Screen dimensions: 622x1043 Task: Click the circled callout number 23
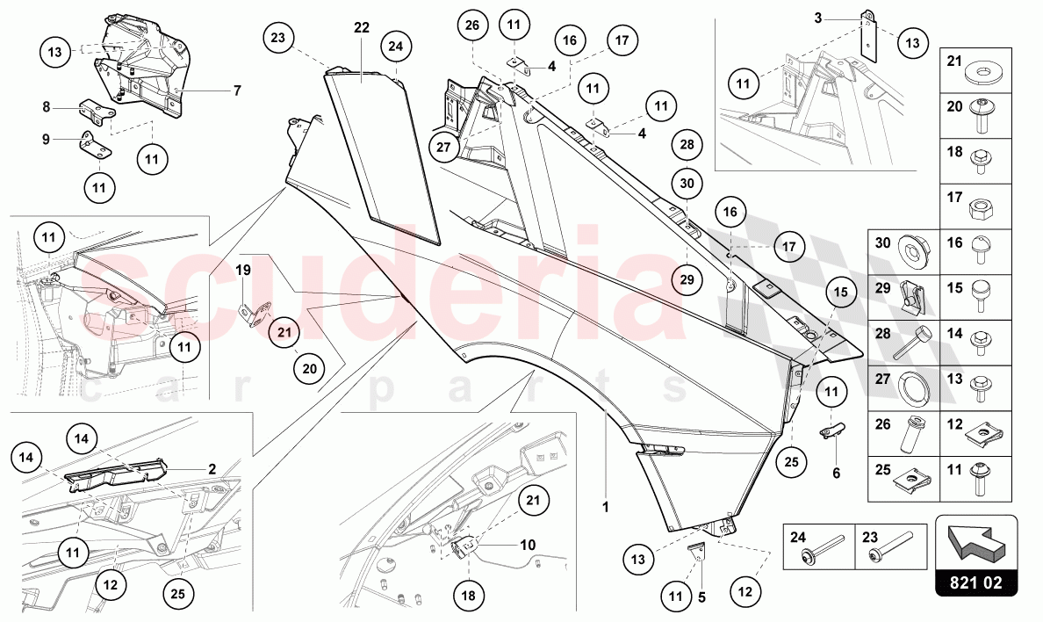[x=278, y=40]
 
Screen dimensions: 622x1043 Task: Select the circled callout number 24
[x=396, y=46]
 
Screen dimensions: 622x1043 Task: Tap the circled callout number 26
[x=472, y=25]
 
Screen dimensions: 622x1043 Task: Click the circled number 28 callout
[x=687, y=144]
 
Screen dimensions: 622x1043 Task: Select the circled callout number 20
[x=309, y=369]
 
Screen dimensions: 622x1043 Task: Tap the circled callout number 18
[x=469, y=595]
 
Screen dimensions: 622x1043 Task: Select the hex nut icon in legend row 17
[x=980, y=210]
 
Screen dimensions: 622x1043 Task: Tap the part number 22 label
[x=362, y=27]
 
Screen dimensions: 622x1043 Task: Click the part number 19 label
[x=243, y=270]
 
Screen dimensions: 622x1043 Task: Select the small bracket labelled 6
[x=834, y=431]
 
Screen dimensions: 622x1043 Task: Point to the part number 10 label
[x=527, y=545]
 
